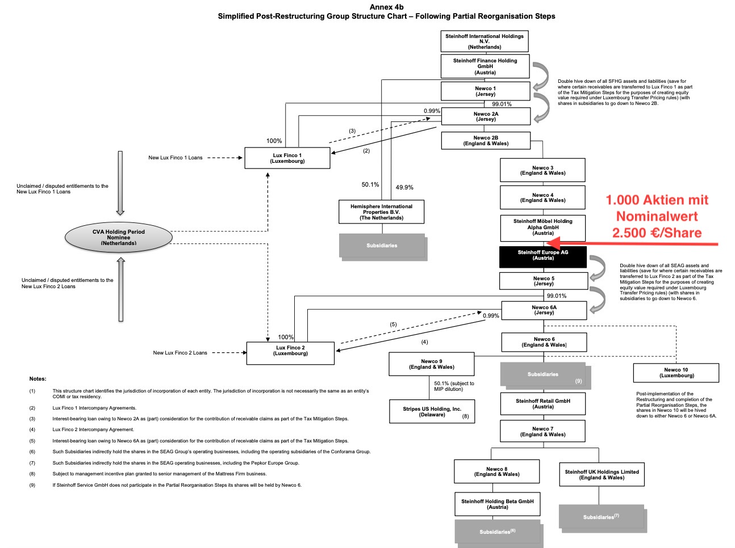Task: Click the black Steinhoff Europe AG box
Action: coord(542,256)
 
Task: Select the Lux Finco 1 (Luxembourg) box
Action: coord(287,158)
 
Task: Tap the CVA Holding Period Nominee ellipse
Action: coord(119,237)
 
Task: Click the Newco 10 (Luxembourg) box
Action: coord(676,373)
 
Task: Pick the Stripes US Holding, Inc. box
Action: coord(432,411)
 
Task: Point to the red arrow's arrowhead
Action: coord(554,243)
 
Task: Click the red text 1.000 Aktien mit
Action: coord(657,200)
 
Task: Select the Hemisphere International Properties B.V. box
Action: coord(381,212)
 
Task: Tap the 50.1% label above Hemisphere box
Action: coord(370,184)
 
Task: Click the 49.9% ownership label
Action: coord(404,187)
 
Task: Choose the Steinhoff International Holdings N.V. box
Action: coord(485,41)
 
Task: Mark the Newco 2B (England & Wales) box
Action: coord(486,141)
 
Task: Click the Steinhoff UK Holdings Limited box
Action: coord(602,474)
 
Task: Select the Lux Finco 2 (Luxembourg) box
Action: coord(290,353)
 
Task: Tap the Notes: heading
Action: coord(38,378)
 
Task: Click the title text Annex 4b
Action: coord(386,7)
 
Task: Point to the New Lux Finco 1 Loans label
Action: coord(175,158)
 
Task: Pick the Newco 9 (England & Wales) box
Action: coord(431,364)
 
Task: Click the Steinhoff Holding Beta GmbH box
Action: coord(497,504)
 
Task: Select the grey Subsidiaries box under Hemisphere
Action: coord(382,246)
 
